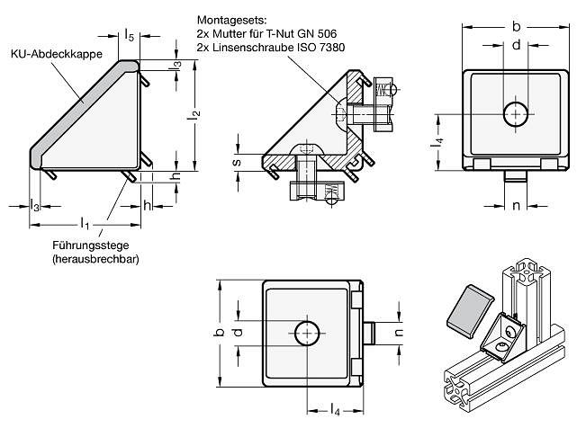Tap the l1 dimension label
84,221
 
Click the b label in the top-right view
516,24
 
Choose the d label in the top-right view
516,44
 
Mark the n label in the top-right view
516,207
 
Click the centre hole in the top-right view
516,114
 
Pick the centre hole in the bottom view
309,334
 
